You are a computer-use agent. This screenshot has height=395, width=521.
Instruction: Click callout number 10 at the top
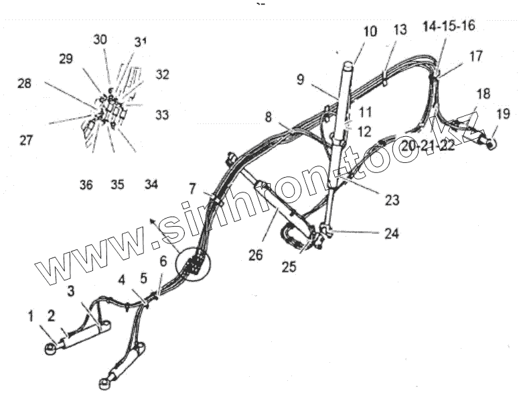(x=370, y=32)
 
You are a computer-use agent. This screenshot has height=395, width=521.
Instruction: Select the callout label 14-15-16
(x=449, y=26)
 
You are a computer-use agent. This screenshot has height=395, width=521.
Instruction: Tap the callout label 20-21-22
(x=429, y=146)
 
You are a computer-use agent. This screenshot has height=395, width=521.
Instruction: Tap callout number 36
(x=86, y=184)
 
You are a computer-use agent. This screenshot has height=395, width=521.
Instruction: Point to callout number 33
(x=162, y=115)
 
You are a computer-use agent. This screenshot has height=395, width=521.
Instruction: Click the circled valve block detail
(x=193, y=264)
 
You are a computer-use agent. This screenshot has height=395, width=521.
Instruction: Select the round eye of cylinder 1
(x=50, y=348)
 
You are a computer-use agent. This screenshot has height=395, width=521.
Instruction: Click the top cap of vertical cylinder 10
(x=350, y=64)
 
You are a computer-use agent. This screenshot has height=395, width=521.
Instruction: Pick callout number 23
(x=392, y=199)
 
